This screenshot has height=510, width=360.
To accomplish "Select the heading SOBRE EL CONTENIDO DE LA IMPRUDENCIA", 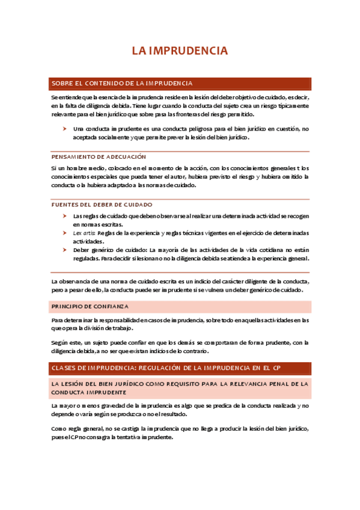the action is pos(122,83).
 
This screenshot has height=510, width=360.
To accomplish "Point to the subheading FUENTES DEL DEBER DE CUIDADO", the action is pos(102,204).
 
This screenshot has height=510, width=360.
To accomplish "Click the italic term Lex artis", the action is pos(83,232).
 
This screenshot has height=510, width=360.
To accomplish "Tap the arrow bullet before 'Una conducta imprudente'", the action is pos(65,129).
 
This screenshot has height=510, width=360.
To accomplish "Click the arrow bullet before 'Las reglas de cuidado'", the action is pos(65,215).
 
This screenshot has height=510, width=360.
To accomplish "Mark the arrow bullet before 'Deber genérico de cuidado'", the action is pos(65,249).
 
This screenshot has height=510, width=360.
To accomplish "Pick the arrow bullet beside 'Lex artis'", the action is pos(65,232).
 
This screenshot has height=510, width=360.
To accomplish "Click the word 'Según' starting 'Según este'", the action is pos(59,343).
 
